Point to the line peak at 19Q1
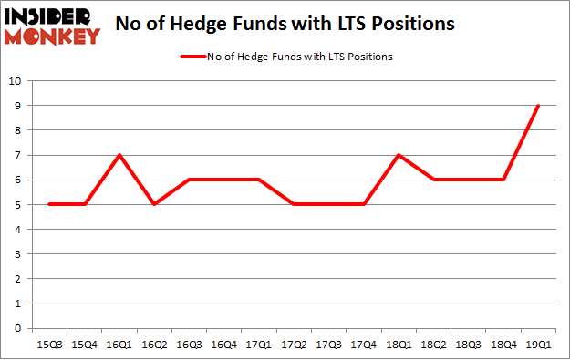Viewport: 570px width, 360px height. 538,106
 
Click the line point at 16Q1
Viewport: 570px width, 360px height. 119,155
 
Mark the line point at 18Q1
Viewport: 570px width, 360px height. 399,155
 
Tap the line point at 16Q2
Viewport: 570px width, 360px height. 154,204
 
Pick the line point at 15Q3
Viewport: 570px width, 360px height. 49,204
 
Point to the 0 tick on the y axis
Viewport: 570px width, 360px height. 18,328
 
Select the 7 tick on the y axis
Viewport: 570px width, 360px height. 18,155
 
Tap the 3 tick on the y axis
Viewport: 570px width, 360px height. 18,254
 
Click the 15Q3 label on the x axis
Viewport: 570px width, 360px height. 49,345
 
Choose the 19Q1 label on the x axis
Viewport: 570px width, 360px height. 538,345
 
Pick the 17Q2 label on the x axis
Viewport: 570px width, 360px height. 294,345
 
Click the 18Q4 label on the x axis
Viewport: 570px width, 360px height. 503,345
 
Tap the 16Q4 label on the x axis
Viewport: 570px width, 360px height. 224,345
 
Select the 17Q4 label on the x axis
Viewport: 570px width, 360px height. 364,345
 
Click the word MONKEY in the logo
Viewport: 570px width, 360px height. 52,36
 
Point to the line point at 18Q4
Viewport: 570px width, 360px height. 503,180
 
